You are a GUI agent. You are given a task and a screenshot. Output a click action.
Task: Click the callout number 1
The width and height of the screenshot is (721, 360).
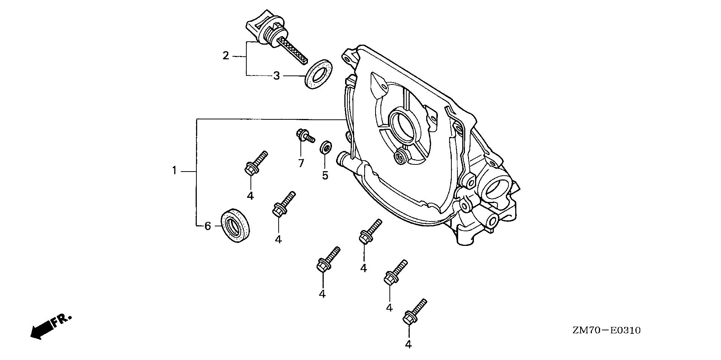point(174,171)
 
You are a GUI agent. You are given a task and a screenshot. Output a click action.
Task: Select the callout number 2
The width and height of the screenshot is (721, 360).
point(225,56)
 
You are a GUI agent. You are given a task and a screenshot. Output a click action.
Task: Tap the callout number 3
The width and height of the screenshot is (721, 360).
point(276,76)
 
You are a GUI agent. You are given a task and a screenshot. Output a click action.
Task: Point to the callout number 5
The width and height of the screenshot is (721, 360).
point(325,175)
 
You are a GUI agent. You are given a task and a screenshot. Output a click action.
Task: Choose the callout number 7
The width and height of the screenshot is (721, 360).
point(301,163)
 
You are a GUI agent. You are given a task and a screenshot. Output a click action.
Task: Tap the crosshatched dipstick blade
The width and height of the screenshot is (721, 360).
point(296,51)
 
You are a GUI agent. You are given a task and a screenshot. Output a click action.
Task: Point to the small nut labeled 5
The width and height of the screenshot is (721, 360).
point(325,147)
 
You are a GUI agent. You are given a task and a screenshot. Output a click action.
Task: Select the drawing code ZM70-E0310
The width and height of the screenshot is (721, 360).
point(606,331)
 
